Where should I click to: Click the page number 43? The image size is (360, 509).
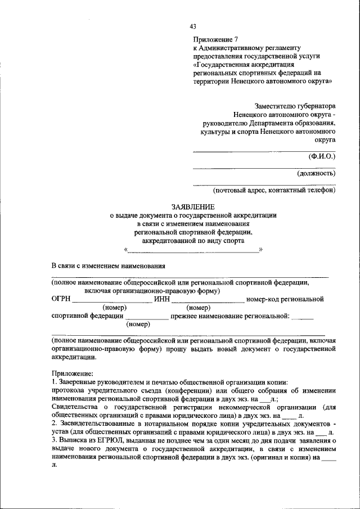(193, 26)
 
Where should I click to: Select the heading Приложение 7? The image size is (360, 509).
(217, 40)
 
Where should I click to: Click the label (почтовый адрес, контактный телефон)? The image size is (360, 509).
(274, 191)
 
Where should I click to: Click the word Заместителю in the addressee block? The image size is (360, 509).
(276, 105)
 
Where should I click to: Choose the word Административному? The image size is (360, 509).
(230, 48)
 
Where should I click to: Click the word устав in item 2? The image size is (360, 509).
(61, 432)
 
